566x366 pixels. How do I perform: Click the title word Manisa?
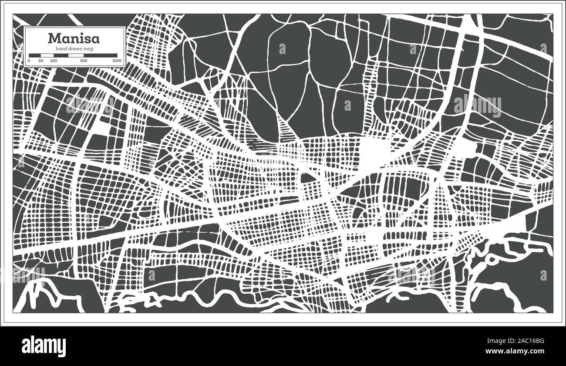pyautogui.click(x=74, y=38)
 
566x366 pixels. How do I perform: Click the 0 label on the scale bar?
pyautogui.click(x=29, y=61)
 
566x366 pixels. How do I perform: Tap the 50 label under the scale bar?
pyautogui.click(x=40, y=61)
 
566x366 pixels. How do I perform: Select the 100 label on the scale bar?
pyautogui.click(x=54, y=61)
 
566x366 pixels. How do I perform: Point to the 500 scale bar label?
pyautogui.click(x=83, y=61)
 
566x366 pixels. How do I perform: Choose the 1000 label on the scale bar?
pyautogui.click(x=116, y=61)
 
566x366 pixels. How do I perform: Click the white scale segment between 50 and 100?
pyautogui.click(x=47, y=55)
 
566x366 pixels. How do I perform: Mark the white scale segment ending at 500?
pyautogui.click(x=76, y=55)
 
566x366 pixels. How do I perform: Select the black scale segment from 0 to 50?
pyautogui.click(x=34, y=55)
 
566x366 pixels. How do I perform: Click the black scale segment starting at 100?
pyautogui.click(x=61, y=55)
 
